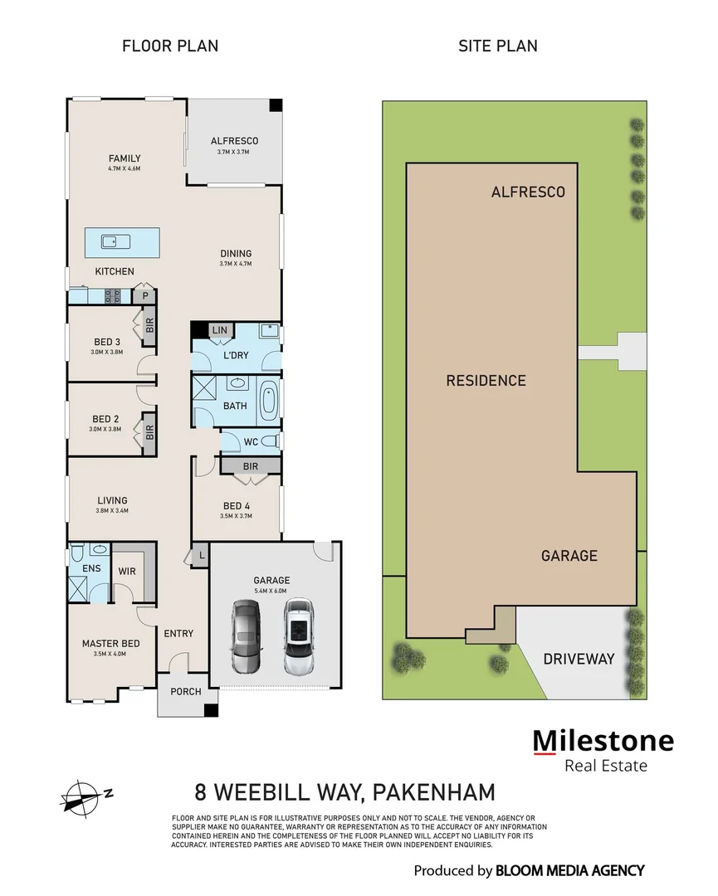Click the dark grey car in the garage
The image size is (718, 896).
pyautogui.click(x=247, y=637)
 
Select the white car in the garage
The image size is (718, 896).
pyautogui.click(x=298, y=636)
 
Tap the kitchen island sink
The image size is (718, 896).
pyautogui.click(x=110, y=241)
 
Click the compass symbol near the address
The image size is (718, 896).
pyautogui.click(x=81, y=795)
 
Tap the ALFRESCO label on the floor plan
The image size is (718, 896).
pyautogui.click(x=233, y=141)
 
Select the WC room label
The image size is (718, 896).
pyautogui.click(x=251, y=442)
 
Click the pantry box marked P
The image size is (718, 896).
pyautogui.click(x=145, y=295)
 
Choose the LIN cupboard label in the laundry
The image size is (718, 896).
pyautogui.click(x=219, y=330)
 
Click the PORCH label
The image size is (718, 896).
pyautogui.click(x=185, y=692)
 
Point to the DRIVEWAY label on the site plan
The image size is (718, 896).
pyautogui.click(x=579, y=659)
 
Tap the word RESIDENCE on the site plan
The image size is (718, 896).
pyautogui.click(x=486, y=381)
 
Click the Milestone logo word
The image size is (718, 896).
pyautogui.click(x=603, y=740)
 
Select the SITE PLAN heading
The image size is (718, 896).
pyautogui.click(x=497, y=46)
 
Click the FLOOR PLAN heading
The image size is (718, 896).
pyautogui.click(x=170, y=46)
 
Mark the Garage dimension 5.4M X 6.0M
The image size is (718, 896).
pyautogui.click(x=271, y=591)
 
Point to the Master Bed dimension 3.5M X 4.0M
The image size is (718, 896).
pyautogui.click(x=110, y=654)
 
